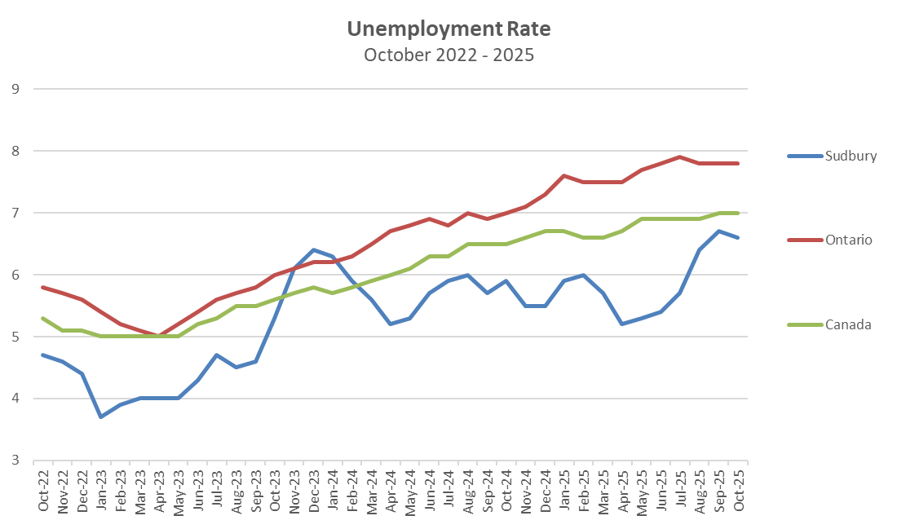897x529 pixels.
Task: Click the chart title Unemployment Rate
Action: click(x=448, y=29)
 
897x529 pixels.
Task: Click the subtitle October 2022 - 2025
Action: click(x=448, y=55)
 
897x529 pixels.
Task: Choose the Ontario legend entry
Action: click(x=848, y=240)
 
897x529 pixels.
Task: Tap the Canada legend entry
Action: click(x=847, y=324)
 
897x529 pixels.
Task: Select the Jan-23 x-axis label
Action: click(x=101, y=491)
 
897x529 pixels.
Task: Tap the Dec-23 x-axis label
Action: click(x=314, y=491)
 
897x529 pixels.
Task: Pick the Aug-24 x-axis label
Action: click(x=468, y=491)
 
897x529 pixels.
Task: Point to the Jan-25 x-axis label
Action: click(x=564, y=491)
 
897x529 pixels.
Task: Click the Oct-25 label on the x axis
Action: click(x=738, y=491)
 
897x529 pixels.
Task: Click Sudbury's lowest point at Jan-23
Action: click(x=101, y=417)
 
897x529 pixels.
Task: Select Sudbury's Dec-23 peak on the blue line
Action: click(x=313, y=249)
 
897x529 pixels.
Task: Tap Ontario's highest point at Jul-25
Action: click(x=680, y=156)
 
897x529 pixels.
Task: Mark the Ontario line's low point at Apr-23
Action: click(x=159, y=336)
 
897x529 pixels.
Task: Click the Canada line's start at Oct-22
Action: click(x=42, y=318)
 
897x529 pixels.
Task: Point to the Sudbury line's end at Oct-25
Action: click(x=738, y=237)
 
